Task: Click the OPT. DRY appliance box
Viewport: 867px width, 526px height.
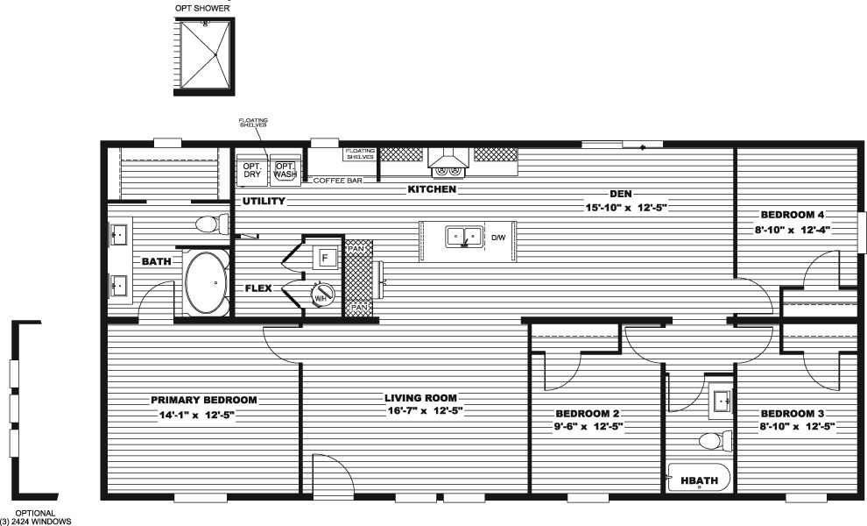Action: pos(252,170)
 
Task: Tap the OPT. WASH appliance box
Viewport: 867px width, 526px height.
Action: pos(285,170)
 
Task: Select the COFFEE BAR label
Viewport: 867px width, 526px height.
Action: pos(338,181)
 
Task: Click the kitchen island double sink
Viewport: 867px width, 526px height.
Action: pos(464,237)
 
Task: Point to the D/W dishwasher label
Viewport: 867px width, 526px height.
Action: pos(498,238)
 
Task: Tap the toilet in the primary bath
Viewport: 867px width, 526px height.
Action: pos(212,224)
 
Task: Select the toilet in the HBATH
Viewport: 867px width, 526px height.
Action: pos(715,441)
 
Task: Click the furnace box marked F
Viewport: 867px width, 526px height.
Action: pos(325,258)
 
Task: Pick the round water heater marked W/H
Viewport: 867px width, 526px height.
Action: pos(321,294)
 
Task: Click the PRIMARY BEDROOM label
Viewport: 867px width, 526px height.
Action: pos(204,400)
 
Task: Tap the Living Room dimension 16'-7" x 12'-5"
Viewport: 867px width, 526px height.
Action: pos(425,411)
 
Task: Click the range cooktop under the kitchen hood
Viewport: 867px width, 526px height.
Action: pos(448,171)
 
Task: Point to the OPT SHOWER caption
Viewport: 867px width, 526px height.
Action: pos(202,8)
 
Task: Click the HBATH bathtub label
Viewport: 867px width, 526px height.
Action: pos(699,480)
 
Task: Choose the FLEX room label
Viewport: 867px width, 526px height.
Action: pos(258,288)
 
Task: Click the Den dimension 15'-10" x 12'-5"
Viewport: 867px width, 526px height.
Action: pos(626,208)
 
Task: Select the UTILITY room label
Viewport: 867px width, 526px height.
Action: pos(264,201)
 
